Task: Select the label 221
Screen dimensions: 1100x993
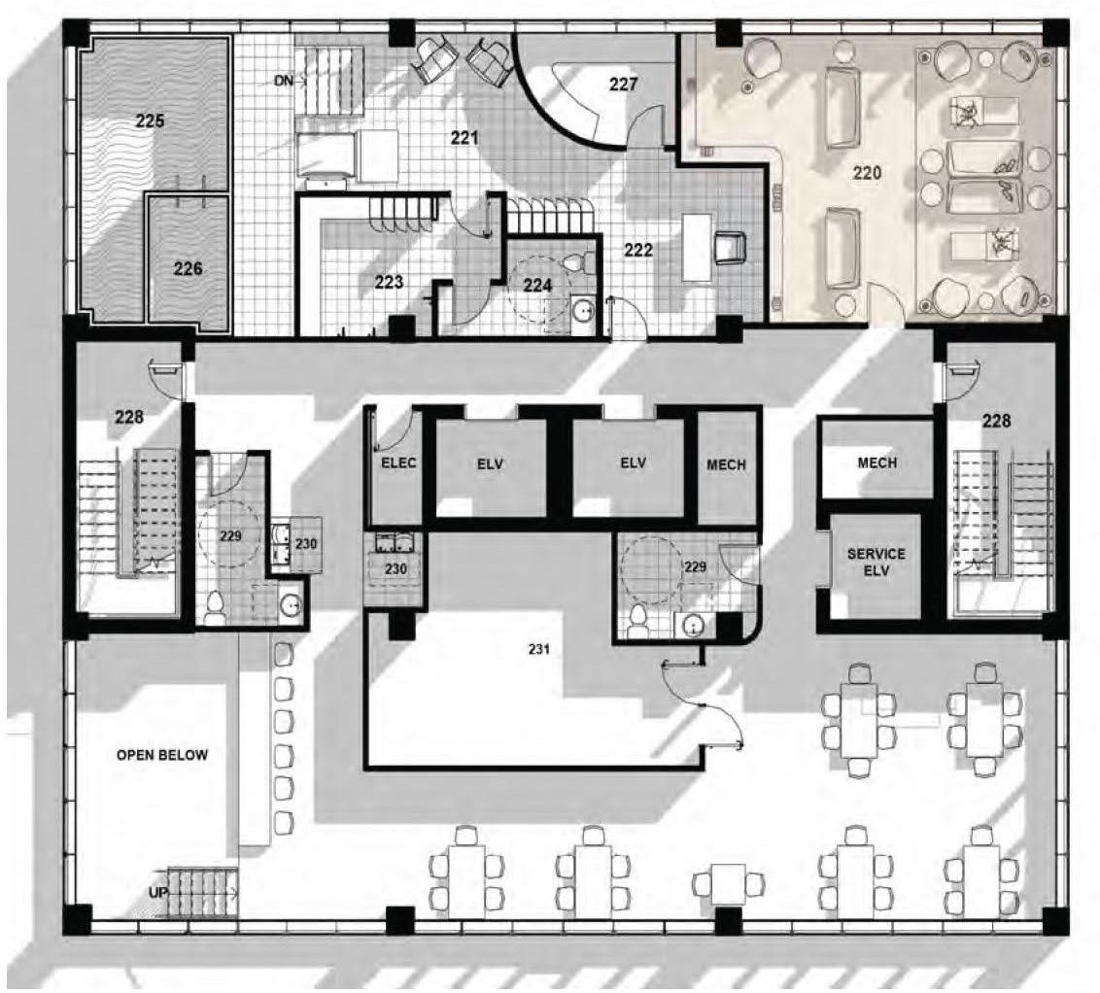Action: [464, 138]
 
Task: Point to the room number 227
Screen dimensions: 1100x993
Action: [624, 84]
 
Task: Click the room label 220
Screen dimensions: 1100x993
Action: [866, 173]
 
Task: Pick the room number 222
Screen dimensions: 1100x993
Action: [638, 249]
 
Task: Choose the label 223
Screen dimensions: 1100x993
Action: [389, 283]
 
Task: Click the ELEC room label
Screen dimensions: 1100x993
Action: [397, 462]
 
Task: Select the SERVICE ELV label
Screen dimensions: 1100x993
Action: [876, 563]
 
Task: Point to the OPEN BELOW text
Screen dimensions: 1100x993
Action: [162, 754]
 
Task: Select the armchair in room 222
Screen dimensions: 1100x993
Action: [729, 248]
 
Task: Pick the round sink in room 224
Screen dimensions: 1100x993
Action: [583, 310]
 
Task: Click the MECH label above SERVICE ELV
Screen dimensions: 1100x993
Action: [877, 462]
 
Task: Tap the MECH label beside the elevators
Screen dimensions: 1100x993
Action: [726, 464]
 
